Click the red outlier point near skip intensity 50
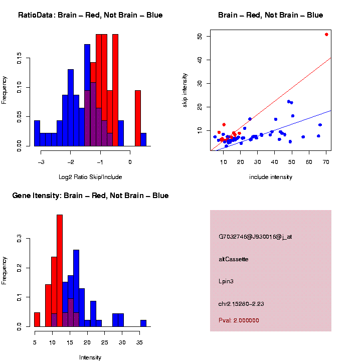coord(326,35)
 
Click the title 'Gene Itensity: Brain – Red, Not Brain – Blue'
coord(90,196)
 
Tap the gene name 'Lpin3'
coord(226,281)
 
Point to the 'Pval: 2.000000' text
coord(239,320)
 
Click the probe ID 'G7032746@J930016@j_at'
coord(255,237)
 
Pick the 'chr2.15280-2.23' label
coord(241,304)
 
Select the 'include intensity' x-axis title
coord(271,177)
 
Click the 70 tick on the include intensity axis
coord(326,161)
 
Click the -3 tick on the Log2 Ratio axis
coord(41,161)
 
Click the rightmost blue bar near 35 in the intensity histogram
coord(143,323)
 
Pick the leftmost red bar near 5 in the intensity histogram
coord(37,319)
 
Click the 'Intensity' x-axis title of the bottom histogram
coord(90,357)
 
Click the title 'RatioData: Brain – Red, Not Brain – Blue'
coord(90,15)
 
